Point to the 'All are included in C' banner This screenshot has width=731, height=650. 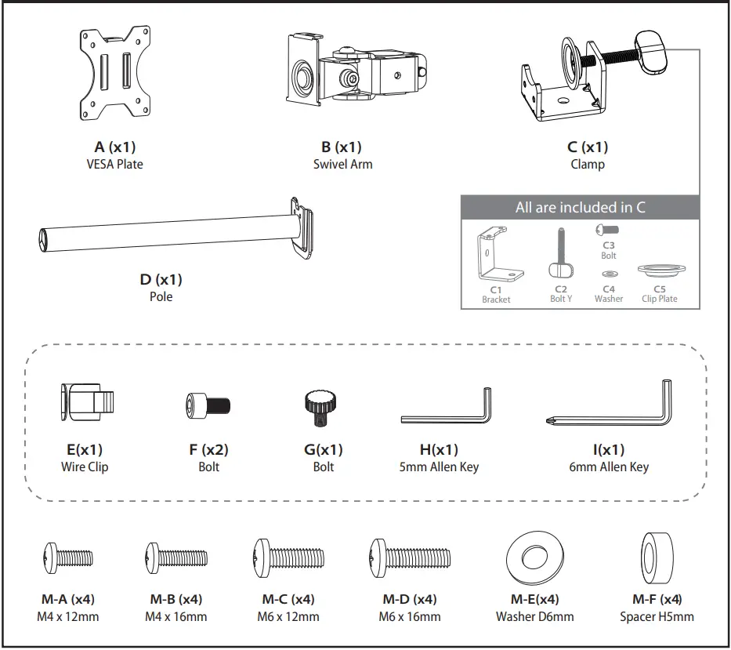[580, 208]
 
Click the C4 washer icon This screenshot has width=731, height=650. [609, 274]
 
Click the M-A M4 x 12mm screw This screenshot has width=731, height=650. [69, 558]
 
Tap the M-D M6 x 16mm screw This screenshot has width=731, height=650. [410, 558]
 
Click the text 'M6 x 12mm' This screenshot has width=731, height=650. [288, 617]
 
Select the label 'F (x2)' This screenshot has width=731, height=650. [208, 450]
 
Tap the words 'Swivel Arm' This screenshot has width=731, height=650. [342, 165]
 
